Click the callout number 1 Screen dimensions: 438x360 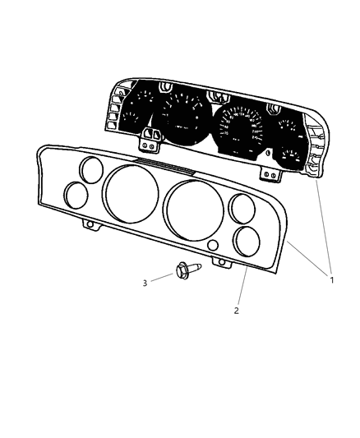(331, 280)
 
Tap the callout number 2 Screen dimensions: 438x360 (237, 311)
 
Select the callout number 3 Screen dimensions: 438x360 (145, 283)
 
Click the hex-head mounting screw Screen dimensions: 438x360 (183, 270)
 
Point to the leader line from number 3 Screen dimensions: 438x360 (162, 278)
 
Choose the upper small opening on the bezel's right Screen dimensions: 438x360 (242, 209)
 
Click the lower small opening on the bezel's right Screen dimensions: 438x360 (247, 242)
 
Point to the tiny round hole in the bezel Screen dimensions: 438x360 (213, 247)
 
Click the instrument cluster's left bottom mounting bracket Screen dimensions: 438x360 (149, 141)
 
